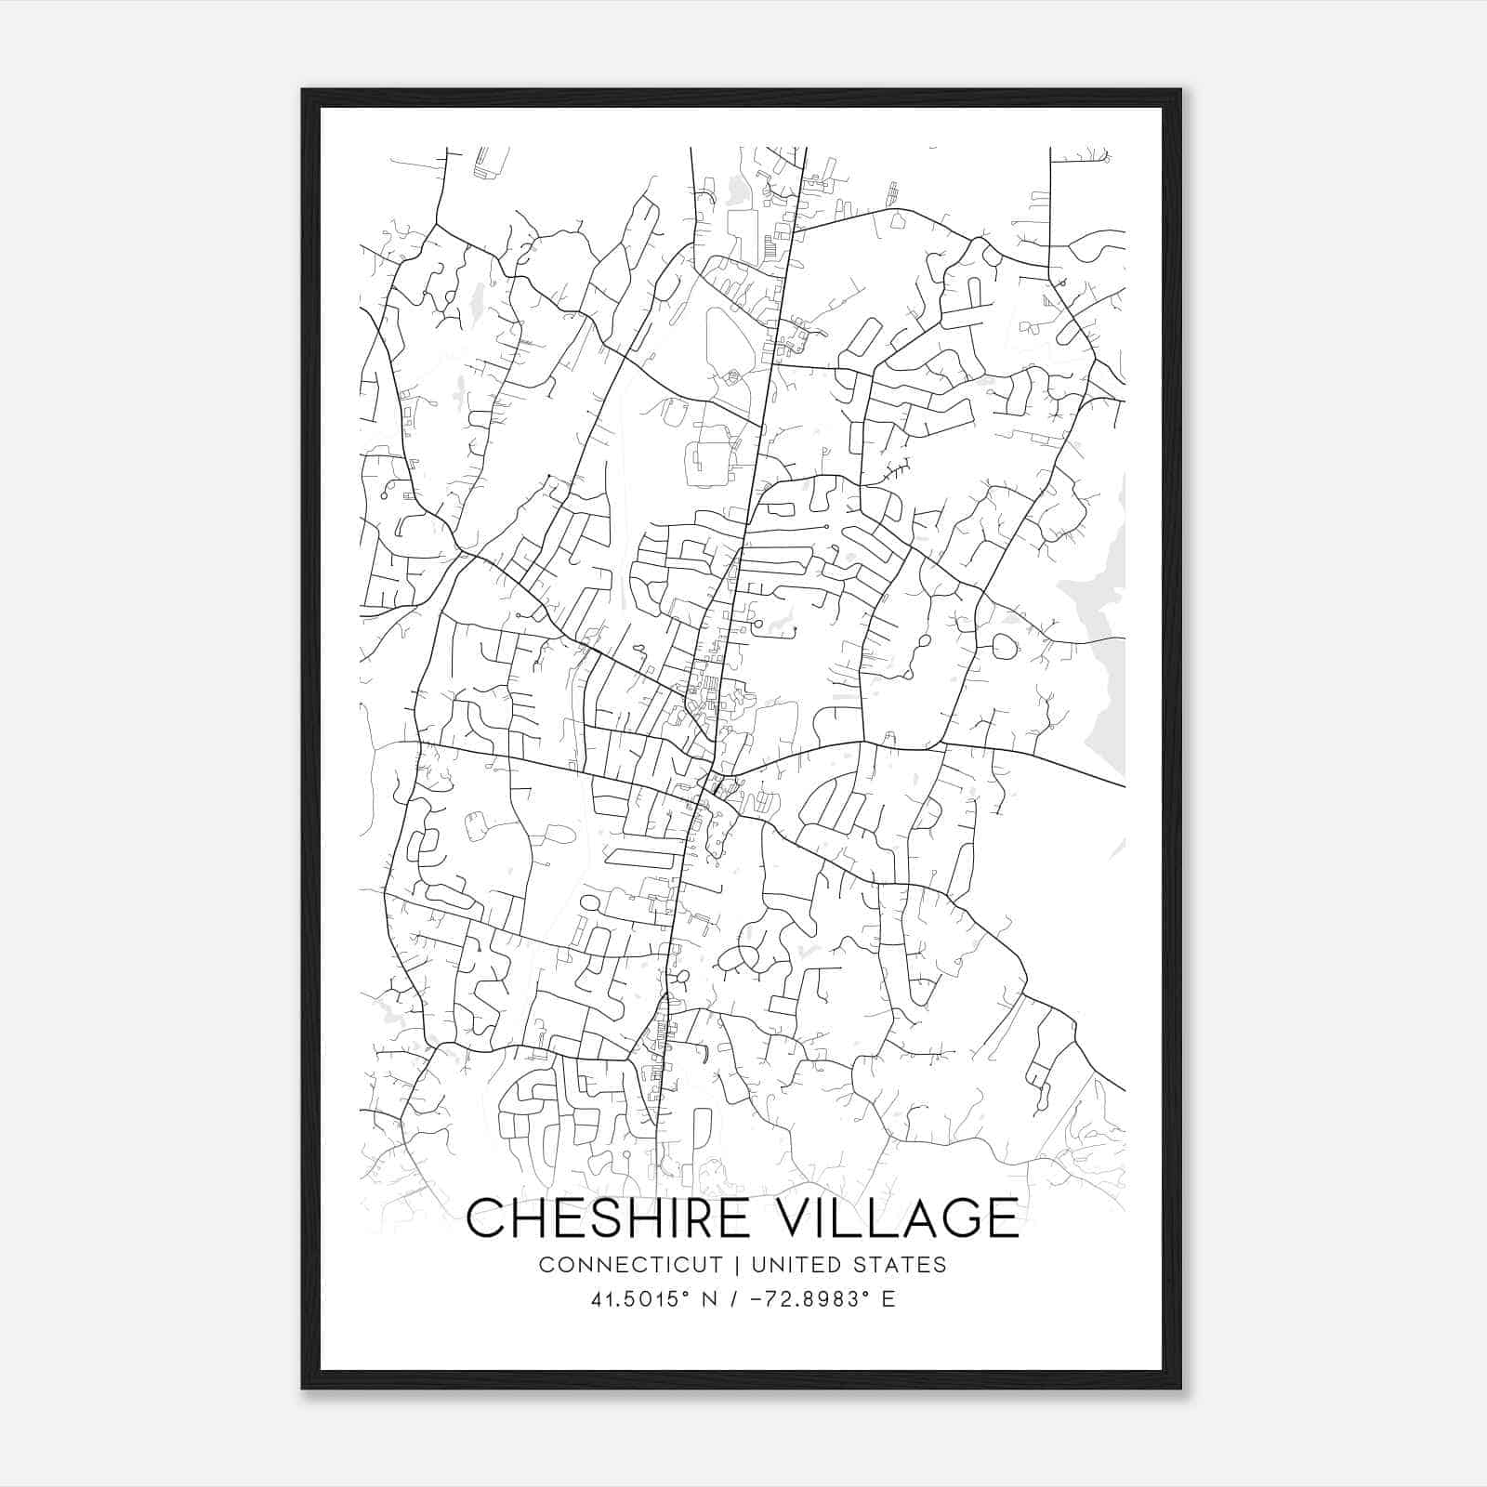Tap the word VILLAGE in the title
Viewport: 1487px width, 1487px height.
pyautogui.click(x=899, y=1217)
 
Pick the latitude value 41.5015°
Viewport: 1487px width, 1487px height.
pyautogui.click(x=638, y=1299)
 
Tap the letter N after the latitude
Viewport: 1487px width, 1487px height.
pyautogui.click(x=708, y=1299)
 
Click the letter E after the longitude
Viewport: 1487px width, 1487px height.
pyautogui.click(x=888, y=1299)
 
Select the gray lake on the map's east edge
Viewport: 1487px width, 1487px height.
pyautogui.click(x=1101, y=651)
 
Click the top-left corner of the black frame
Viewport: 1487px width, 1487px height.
pyautogui.click(x=304, y=91)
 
